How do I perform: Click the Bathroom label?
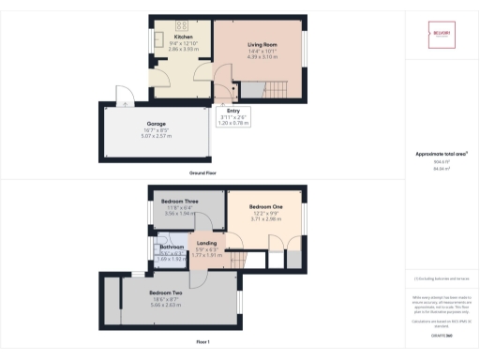pos(172,247)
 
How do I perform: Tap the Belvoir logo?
pos(442,32)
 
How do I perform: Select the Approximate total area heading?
pos(442,155)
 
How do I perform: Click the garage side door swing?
pos(123,94)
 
